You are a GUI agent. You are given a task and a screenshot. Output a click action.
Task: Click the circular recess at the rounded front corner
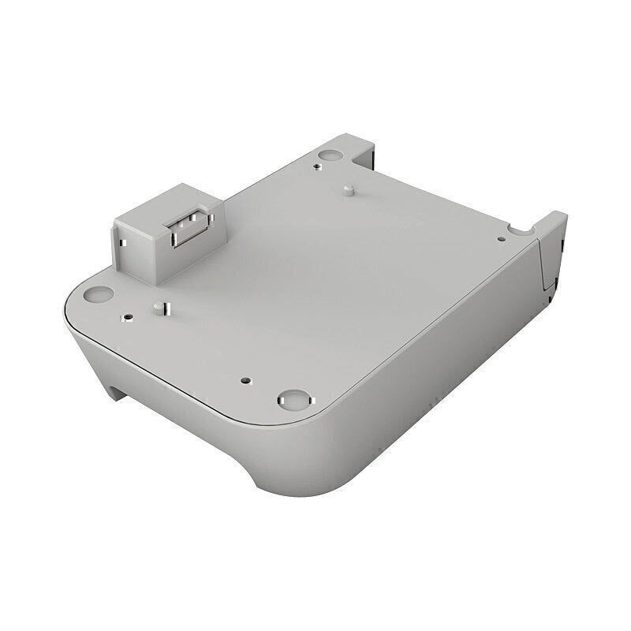(293, 399)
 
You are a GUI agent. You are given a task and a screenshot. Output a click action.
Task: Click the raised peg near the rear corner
(347, 190)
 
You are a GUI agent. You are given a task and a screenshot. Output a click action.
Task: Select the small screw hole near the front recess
(247, 379)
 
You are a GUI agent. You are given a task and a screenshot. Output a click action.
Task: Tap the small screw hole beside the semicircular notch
(501, 239)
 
